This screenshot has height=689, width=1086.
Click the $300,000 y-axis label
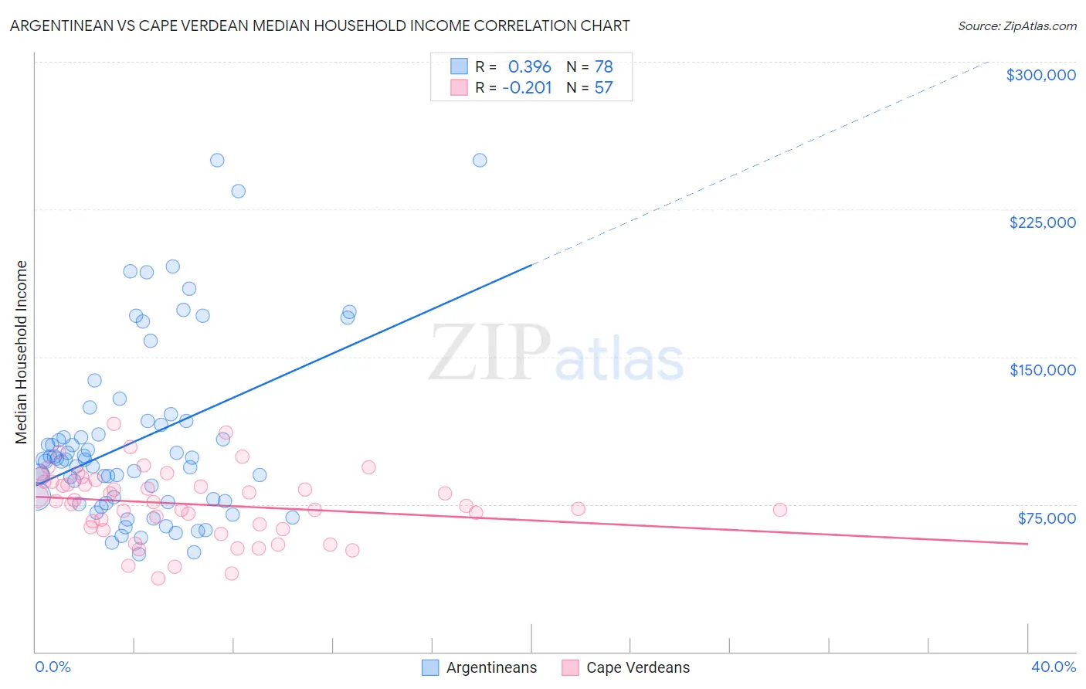click(1040, 75)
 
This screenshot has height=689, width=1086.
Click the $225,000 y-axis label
click(1042, 222)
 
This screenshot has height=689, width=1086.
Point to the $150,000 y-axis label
click(1042, 370)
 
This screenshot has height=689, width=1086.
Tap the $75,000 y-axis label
click(1047, 518)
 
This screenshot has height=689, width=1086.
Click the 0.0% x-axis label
click(53, 667)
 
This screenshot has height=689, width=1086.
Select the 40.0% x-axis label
click(1053, 667)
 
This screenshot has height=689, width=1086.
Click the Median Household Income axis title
click(22, 352)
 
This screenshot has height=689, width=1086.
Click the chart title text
click(320, 25)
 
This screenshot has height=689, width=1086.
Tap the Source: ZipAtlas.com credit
click(1016, 25)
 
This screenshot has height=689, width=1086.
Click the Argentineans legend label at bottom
click(491, 668)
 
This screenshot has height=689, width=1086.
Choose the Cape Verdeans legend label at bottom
click(638, 668)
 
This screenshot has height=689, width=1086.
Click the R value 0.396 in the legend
click(529, 67)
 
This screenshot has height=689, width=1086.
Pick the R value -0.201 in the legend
click(527, 88)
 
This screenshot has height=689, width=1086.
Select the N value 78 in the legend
click(603, 67)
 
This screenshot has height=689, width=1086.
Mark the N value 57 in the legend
click(603, 88)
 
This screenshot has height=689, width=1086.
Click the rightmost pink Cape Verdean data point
click(780, 510)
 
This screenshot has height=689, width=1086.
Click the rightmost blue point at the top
click(480, 161)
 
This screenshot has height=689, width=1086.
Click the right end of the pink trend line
click(1027, 544)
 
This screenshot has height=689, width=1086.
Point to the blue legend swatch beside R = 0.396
click(459, 66)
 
